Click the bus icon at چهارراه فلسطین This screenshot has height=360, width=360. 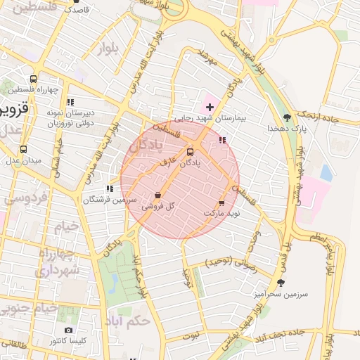click(x=33, y=79)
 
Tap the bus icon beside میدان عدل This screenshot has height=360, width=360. click(x=23, y=149)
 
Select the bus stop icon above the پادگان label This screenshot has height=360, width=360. click(x=190, y=152)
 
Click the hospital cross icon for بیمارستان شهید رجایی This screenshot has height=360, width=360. click(x=209, y=107)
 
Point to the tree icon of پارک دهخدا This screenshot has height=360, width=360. click(x=286, y=117)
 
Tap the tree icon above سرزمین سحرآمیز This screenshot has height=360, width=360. click(x=281, y=283)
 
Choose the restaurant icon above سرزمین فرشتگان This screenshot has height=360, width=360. click(x=109, y=188)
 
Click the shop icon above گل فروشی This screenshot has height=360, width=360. click(x=157, y=195)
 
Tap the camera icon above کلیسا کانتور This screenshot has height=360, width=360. click(x=68, y=330)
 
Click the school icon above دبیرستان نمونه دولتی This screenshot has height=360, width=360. click(x=70, y=102)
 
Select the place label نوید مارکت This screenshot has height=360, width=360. click(x=222, y=212)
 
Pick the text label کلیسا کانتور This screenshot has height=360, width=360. click(x=68, y=341)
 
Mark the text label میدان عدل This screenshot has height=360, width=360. click(x=24, y=160)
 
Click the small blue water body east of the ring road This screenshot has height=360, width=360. click(x=326, y=172)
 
